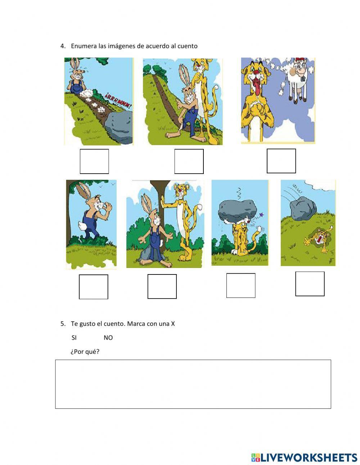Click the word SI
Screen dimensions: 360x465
(x=74, y=338)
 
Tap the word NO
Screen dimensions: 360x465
(x=108, y=338)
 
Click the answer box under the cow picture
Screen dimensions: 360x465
(x=281, y=161)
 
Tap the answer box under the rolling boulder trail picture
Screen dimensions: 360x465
(x=94, y=161)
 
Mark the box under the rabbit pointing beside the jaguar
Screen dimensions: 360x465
(x=189, y=161)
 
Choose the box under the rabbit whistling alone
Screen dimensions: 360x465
(x=94, y=287)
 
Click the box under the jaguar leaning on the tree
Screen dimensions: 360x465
(x=162, y=286)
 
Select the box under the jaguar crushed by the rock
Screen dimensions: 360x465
(x=241, y=286)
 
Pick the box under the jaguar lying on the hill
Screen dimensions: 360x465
(x=310, y=284)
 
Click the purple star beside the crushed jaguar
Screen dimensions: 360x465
(x=261, y=214)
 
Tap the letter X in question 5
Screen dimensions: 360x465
(x=173, y=324)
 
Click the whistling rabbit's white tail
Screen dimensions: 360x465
(x=81, y=227)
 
